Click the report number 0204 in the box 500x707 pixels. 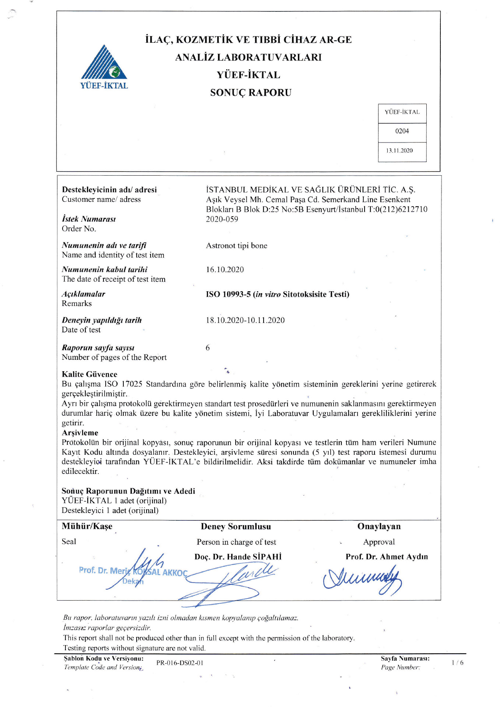402,131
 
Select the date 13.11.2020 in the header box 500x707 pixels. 399,151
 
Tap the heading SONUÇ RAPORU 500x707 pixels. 251,92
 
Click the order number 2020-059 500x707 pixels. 222,219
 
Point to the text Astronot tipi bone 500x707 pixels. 237,246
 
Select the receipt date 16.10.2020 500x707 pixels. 225,270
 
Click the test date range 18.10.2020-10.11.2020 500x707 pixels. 245,320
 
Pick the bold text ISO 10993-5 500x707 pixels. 228,294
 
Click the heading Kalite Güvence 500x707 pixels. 89,374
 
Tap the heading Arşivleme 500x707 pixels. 80,433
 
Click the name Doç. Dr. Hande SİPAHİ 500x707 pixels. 238,557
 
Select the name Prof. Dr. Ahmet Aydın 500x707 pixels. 387,557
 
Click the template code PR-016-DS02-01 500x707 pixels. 180,663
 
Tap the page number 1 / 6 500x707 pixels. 457,663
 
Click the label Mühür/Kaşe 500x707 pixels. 87,526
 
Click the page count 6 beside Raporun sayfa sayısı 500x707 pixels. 208,348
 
